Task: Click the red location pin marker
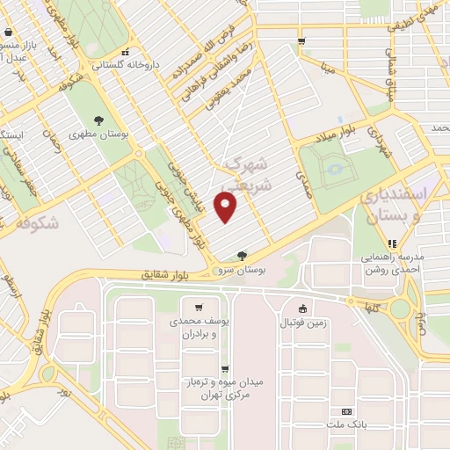[228, 208]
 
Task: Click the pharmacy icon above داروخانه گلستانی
[126, 51]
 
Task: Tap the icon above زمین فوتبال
[303, 308]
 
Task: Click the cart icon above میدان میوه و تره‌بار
[226, 369]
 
